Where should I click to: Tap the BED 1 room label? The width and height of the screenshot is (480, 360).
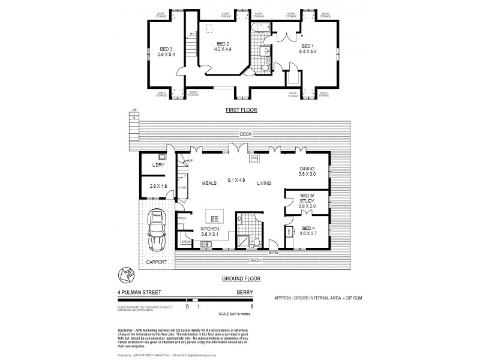tap(307, 46)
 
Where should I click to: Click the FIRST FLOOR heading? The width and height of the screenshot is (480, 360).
tap(241, 110)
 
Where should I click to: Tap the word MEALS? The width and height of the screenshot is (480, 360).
tap(209, 184)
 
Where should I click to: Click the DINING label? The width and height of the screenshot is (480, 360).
tap(307, 169)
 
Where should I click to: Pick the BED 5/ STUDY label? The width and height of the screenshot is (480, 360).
tap(307, 199)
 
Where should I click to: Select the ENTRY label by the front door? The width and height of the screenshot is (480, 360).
tap(274, 253)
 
